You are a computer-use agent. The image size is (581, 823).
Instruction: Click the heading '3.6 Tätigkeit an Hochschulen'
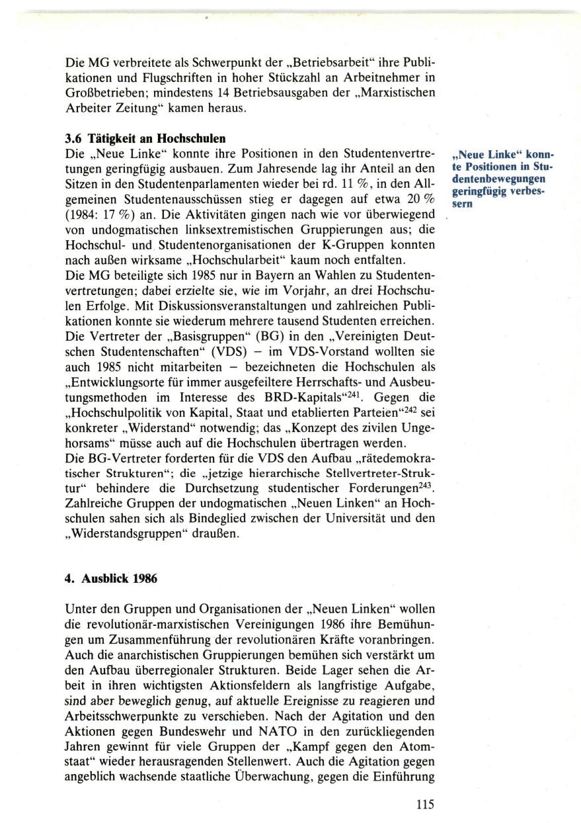(x=145, y=139)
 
